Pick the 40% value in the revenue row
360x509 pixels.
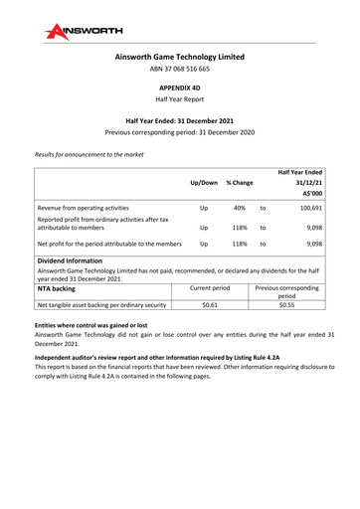tap(240, 209)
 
